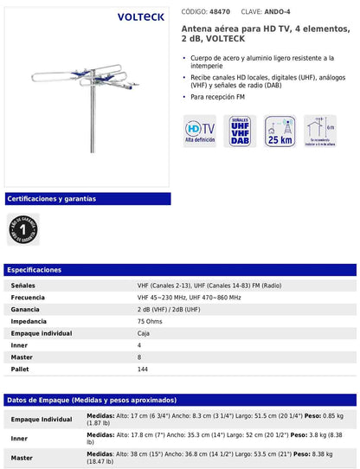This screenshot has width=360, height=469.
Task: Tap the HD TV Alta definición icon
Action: click(x=200, y=131)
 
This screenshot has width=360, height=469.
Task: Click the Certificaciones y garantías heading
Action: click(x=52, y=199)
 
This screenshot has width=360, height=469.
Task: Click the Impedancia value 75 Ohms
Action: click(x=152, y=321)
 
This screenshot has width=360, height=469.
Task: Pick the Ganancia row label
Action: click(x=26, y=309)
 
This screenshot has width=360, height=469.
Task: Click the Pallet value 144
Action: click(x=143, y=369)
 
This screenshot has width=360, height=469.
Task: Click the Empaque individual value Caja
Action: click(x=144, y=333)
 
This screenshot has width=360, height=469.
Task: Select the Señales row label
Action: click(x=23, y=285)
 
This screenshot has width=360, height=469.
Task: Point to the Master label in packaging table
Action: click(x=22, y=458)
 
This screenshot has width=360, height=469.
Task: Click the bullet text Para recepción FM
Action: click(x=225, y=97)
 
